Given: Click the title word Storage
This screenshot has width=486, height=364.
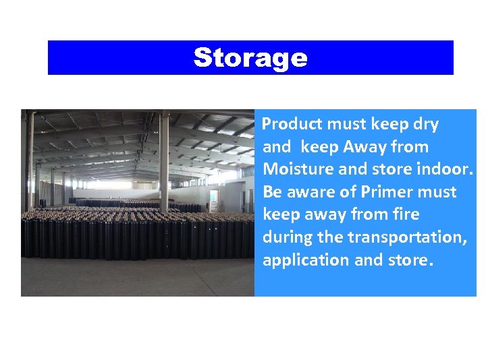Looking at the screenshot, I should (x=250, y=58).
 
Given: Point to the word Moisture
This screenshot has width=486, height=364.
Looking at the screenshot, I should (x=294, y=169).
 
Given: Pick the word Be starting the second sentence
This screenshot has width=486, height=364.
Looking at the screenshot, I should (x=272, y=192).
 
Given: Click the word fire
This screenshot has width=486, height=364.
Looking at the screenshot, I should (x=405, y=214).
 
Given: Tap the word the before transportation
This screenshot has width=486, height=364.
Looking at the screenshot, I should (x=330, y=237).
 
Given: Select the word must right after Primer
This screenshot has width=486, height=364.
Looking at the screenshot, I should (x=436, y=192).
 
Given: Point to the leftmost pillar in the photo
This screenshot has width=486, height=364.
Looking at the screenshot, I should (x=29, y=162).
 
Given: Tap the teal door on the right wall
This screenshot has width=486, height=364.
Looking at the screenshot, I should (x=213, y=200).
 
